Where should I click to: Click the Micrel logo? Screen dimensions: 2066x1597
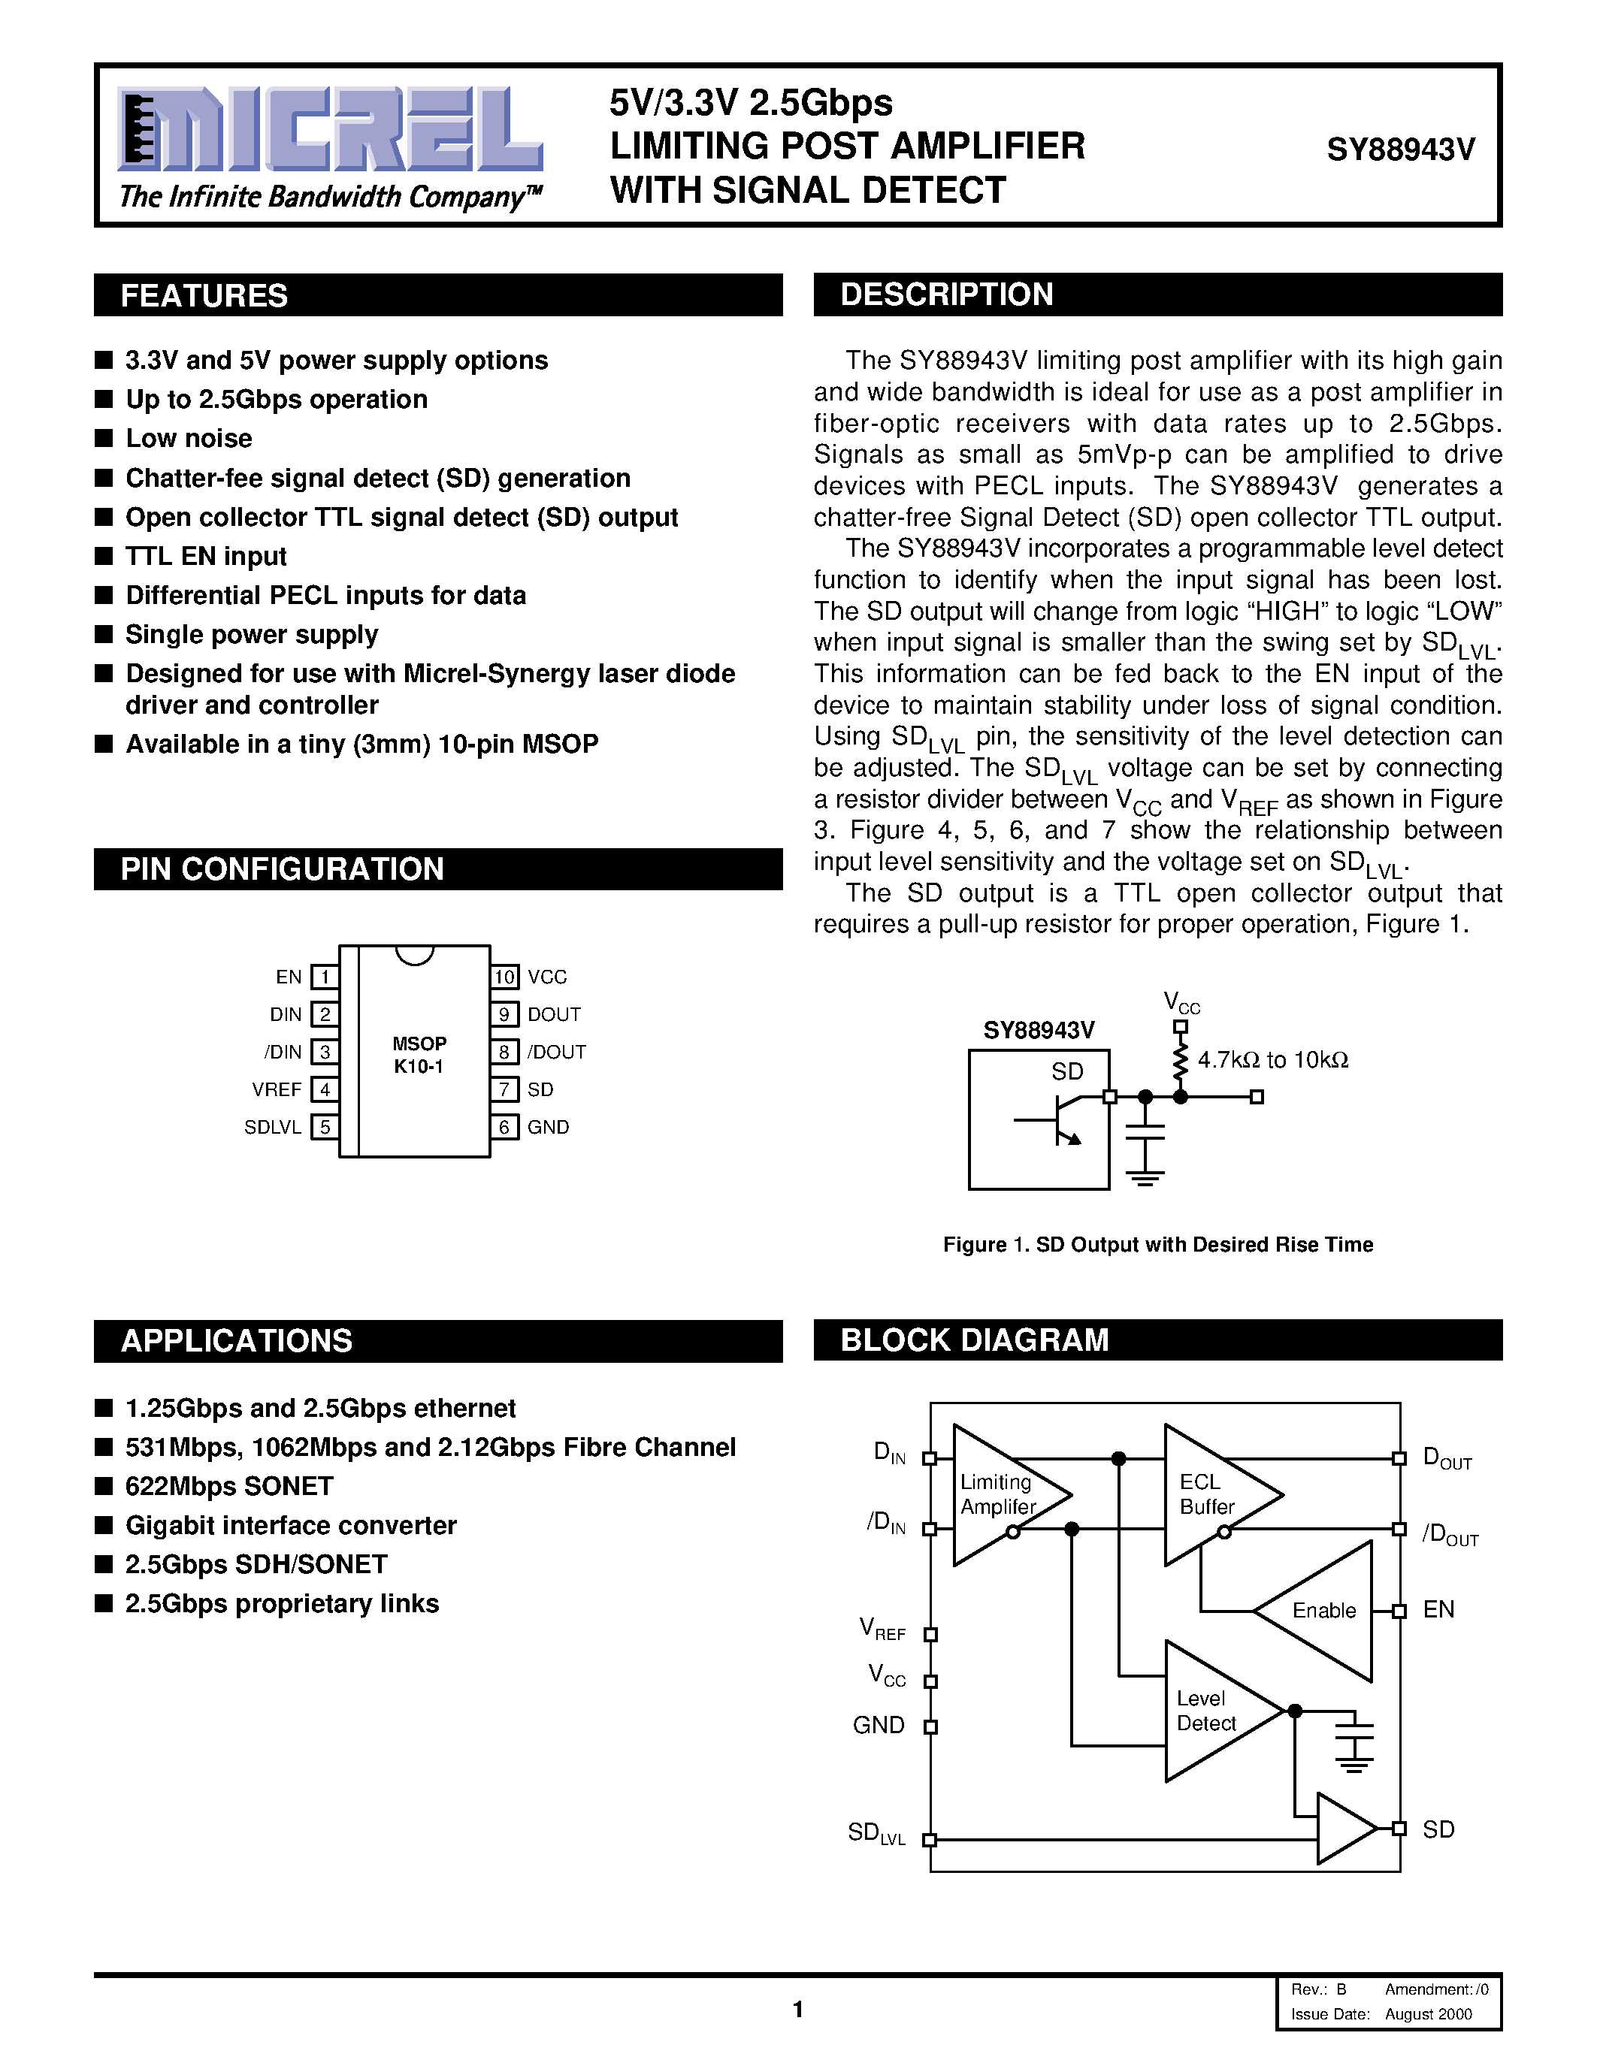[329, 130]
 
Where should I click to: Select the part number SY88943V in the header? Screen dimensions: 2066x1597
[1400, 150]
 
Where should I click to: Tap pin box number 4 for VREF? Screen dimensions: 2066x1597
[325, 1090]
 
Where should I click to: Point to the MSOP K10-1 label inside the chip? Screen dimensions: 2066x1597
[419, 1055]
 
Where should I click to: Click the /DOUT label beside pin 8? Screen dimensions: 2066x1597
[556, 1052]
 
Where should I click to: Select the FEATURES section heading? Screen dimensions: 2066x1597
[204, 295]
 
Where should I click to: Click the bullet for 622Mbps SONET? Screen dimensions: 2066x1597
[104, 1486]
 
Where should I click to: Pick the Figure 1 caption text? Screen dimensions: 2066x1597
[1157, 1245]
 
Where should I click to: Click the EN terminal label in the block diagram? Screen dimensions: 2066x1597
[1438, 1610]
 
